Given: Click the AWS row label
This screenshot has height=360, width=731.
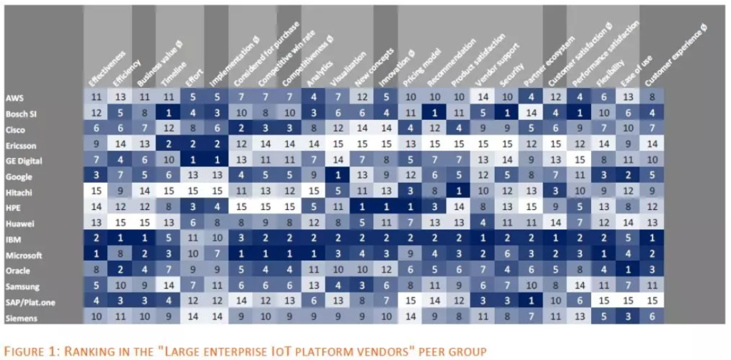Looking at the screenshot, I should (14, 96).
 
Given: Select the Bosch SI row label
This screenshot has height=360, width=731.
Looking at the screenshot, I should (18, 111).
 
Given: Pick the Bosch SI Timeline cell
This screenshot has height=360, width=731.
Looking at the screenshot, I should (169, 112).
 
